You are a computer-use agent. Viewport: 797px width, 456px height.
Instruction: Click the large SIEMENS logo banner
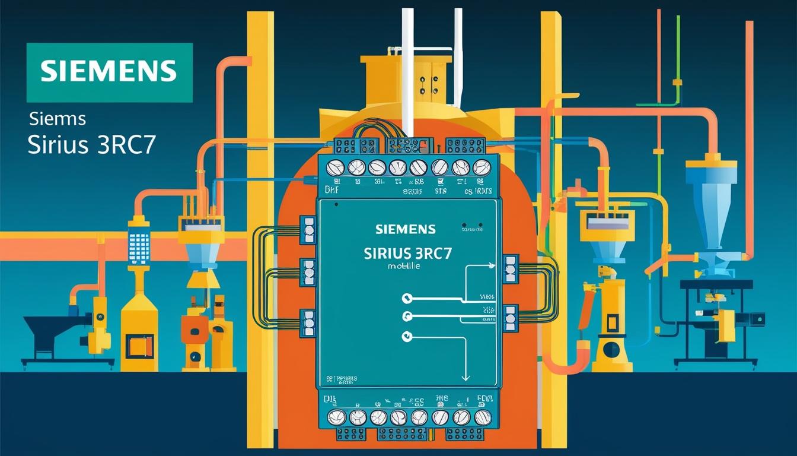[110, 72]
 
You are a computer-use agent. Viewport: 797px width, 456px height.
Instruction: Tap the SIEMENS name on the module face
[405, 229]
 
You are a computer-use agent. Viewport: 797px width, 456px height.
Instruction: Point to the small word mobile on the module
[404, 267]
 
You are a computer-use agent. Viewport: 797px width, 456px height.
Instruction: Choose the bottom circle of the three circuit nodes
[407, 336]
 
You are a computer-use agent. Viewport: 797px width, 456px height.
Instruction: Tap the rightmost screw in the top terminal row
[481, 167]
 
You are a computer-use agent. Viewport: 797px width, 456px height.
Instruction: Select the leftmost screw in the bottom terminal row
[336, 417]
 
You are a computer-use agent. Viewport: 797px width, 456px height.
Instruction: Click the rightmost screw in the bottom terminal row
[481, 417]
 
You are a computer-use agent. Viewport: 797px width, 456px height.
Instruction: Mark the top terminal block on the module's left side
[308, 230]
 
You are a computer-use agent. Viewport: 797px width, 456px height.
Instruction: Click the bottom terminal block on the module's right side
[510, 318]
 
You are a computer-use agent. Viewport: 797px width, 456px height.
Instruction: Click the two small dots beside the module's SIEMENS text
[473, 227]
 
